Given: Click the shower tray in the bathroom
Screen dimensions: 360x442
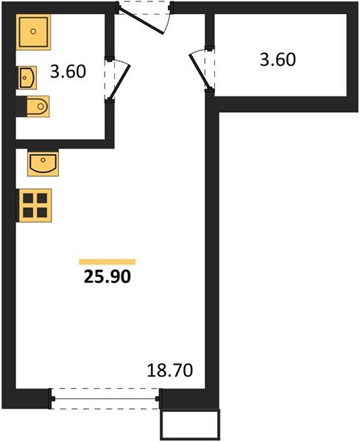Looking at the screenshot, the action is pyautogui.click(x=33, y=32).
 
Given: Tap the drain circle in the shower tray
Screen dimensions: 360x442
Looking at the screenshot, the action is pyautogui.click(x=33, y=31).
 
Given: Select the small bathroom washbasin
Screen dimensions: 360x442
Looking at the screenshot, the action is pyautogui.click(x=27, y=77).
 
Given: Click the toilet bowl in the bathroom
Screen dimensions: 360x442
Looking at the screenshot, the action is pyautogui.click(x=38, y=106).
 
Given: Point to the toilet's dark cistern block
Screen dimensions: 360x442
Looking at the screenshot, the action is pyautogui.click(x=21, y=106).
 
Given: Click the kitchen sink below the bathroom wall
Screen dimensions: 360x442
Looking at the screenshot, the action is pyautogui.click(x=43, y=164).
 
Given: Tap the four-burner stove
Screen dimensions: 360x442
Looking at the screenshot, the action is pyautogui.click(x=35, y=206).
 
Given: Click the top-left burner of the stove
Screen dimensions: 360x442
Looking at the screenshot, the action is pyautogui.click(x=28, y=198).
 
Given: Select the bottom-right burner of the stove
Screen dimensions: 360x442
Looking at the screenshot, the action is pyautogui.click(x=42, y=212).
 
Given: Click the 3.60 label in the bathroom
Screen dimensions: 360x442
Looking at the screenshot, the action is pyautogui.click(x=68, y=71).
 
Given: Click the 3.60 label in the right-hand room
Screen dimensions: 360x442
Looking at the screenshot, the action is pyautogui.click(x=278, y=60).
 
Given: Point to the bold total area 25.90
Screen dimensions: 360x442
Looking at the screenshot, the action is pyautogui.click(x=107, y=277).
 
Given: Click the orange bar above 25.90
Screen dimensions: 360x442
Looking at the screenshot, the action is pyautogui.click(x=107, y=262).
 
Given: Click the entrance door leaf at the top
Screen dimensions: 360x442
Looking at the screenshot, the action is pyautogui.click(x=141, y=21).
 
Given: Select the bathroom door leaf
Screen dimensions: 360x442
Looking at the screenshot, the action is pyautogui.click(x=120, y=82).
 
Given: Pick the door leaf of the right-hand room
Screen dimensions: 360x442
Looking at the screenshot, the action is pyautogui.click(x=200, y=71).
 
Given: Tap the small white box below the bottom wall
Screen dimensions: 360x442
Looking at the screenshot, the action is pyautogui.click(x=190, y=425).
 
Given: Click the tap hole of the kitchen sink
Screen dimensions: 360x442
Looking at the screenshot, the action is pyautogui.click(x=43, y=160).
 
